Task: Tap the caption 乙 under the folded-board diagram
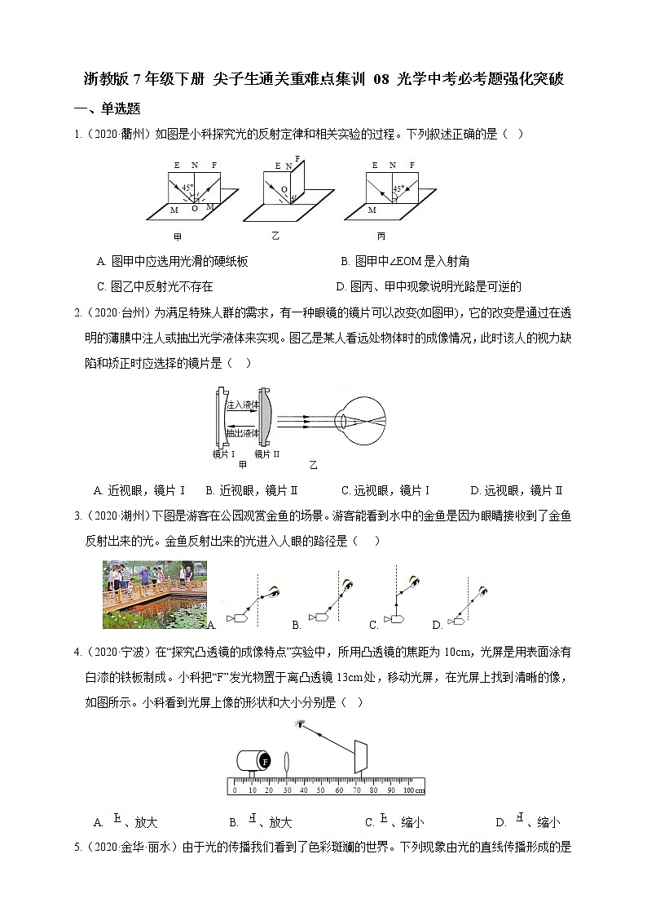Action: (276, 236)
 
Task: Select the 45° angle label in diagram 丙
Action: (399, 188)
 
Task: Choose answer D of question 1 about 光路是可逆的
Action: (429, 286)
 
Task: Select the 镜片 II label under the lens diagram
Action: (266, 454)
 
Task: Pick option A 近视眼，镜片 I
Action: (140, 490)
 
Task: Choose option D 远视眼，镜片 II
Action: (517, 490)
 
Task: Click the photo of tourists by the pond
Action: (155, 594)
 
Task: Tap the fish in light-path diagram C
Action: (398, 620)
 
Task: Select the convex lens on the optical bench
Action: (287, 761)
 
